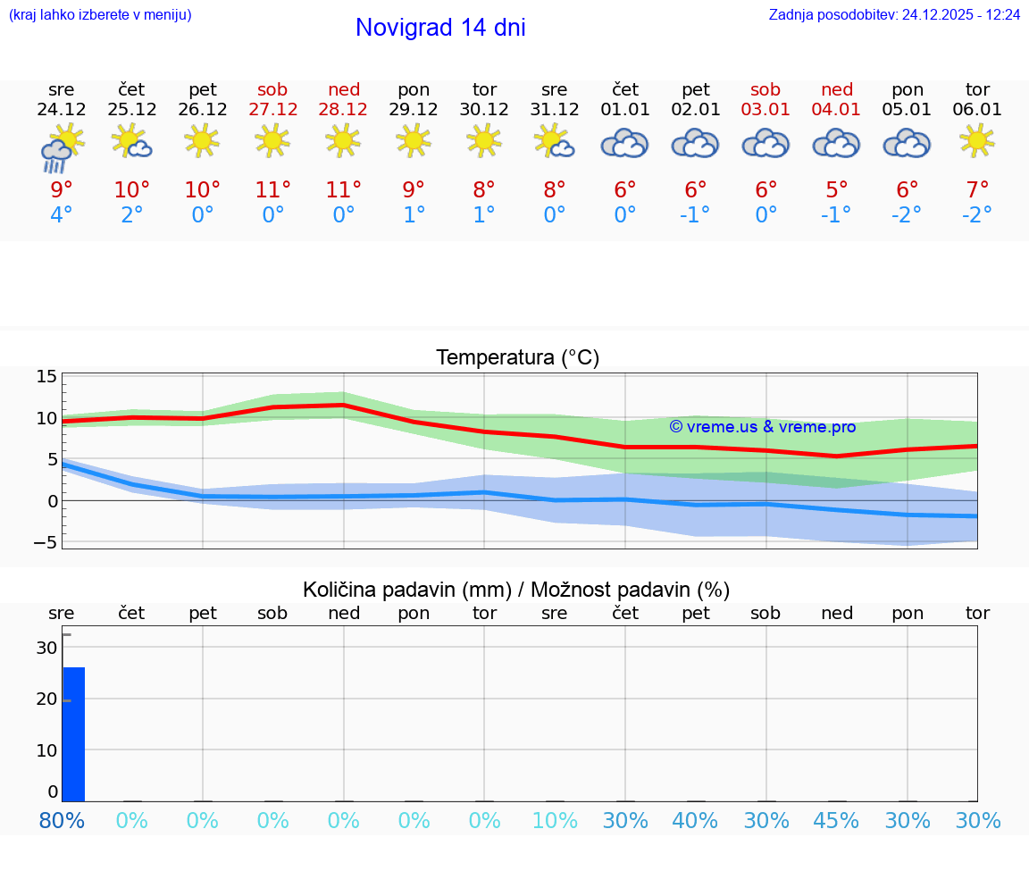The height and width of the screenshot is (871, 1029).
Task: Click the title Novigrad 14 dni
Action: (x=440, y=28)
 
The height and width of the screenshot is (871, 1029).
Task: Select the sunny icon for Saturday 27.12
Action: (x=272, y=140)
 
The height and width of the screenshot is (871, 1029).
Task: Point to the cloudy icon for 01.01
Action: (x=624, y=143)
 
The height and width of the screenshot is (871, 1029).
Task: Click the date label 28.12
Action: (x=343, y=109)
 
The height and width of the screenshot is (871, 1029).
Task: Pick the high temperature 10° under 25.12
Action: (x=131, y=189)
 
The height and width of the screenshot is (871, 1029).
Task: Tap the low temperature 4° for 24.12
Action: (x=61, y=215)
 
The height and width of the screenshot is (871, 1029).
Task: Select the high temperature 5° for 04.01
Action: (x=837, y=189)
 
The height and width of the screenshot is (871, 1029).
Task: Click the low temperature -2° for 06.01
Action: (x=977, y=215)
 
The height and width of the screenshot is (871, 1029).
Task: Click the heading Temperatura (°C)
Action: (x=517, y=358)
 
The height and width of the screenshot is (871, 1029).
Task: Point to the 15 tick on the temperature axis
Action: (x=46, y=376)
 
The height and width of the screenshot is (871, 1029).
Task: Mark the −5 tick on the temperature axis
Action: (x=46, y=542)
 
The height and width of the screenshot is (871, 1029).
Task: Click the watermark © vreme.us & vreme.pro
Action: (x=762, y=427)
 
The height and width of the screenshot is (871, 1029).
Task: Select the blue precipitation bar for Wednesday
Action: (x=73, y=733)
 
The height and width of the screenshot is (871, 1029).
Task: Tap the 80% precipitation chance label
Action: (x=62, y=821)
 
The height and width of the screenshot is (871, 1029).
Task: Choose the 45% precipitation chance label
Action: (x=837, y=821)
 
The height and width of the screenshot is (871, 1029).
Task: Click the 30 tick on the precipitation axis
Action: (x=46, y=647)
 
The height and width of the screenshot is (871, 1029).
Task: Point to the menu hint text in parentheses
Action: (x=100, y=14)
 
